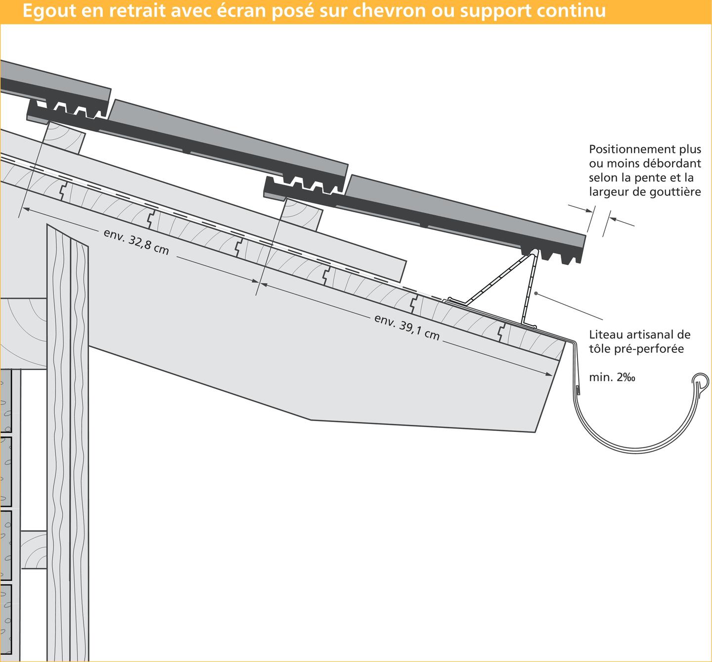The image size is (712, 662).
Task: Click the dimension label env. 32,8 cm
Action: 136,242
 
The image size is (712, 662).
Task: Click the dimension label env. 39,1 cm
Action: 407,327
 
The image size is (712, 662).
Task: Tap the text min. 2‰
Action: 612,377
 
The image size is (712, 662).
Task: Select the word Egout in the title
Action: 49,11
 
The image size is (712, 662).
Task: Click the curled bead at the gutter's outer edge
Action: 700,380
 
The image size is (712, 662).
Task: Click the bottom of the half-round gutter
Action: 636,451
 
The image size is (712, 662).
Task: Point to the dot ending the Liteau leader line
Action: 535,293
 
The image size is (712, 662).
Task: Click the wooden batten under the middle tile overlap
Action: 301,214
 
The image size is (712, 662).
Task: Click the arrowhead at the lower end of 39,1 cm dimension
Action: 549,374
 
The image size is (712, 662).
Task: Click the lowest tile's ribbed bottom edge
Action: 553,255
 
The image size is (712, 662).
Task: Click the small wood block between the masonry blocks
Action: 34,550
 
